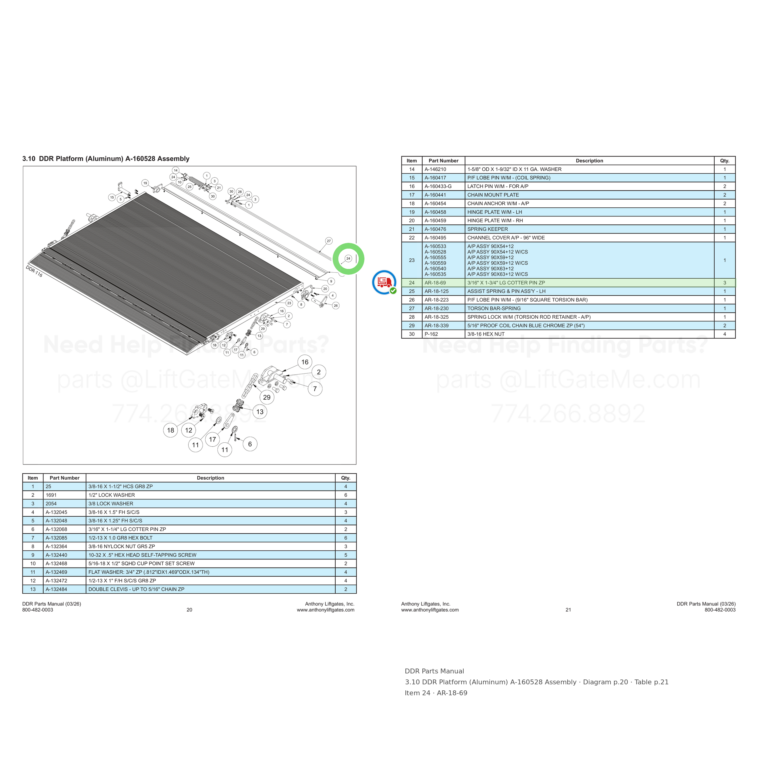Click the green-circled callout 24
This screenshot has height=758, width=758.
348,259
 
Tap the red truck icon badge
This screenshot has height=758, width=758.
384,282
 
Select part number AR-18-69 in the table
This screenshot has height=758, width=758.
435,283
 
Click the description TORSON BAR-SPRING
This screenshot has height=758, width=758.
494,308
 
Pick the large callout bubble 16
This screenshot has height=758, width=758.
305,362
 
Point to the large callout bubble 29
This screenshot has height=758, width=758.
267,397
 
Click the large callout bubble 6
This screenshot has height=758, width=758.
250,444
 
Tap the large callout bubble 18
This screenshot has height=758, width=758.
171,431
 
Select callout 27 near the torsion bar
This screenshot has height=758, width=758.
329,241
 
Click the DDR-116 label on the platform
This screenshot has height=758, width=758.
34,271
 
